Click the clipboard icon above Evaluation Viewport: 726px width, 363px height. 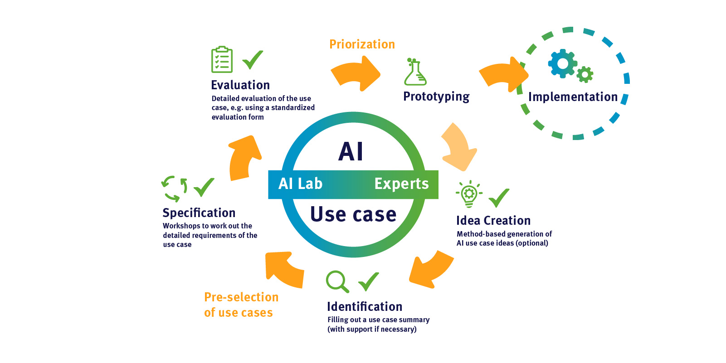(x=222, y=59)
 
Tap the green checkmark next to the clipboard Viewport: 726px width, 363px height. (x=253, y=59)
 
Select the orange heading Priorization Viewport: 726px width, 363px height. (x=362, y=44)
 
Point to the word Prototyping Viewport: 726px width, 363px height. (x=436, y=97)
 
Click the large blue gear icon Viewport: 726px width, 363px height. (x=562, y=63)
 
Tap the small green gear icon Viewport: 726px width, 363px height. (x=585, y=74)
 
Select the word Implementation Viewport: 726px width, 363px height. (x=573, y=97)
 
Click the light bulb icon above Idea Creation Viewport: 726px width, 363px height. (x=469, y=194)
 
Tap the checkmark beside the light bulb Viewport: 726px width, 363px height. (x=499, y=198)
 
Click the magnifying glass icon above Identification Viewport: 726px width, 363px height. (x=337, y=281)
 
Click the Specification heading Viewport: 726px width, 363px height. (x=199, y=213)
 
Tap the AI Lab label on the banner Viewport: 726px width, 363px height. (x=300, y=184)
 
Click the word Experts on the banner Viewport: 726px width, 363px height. (x=401, y=184)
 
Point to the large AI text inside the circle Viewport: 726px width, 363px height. (x=351, y=151)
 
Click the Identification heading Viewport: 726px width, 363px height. (x=365, y=307)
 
